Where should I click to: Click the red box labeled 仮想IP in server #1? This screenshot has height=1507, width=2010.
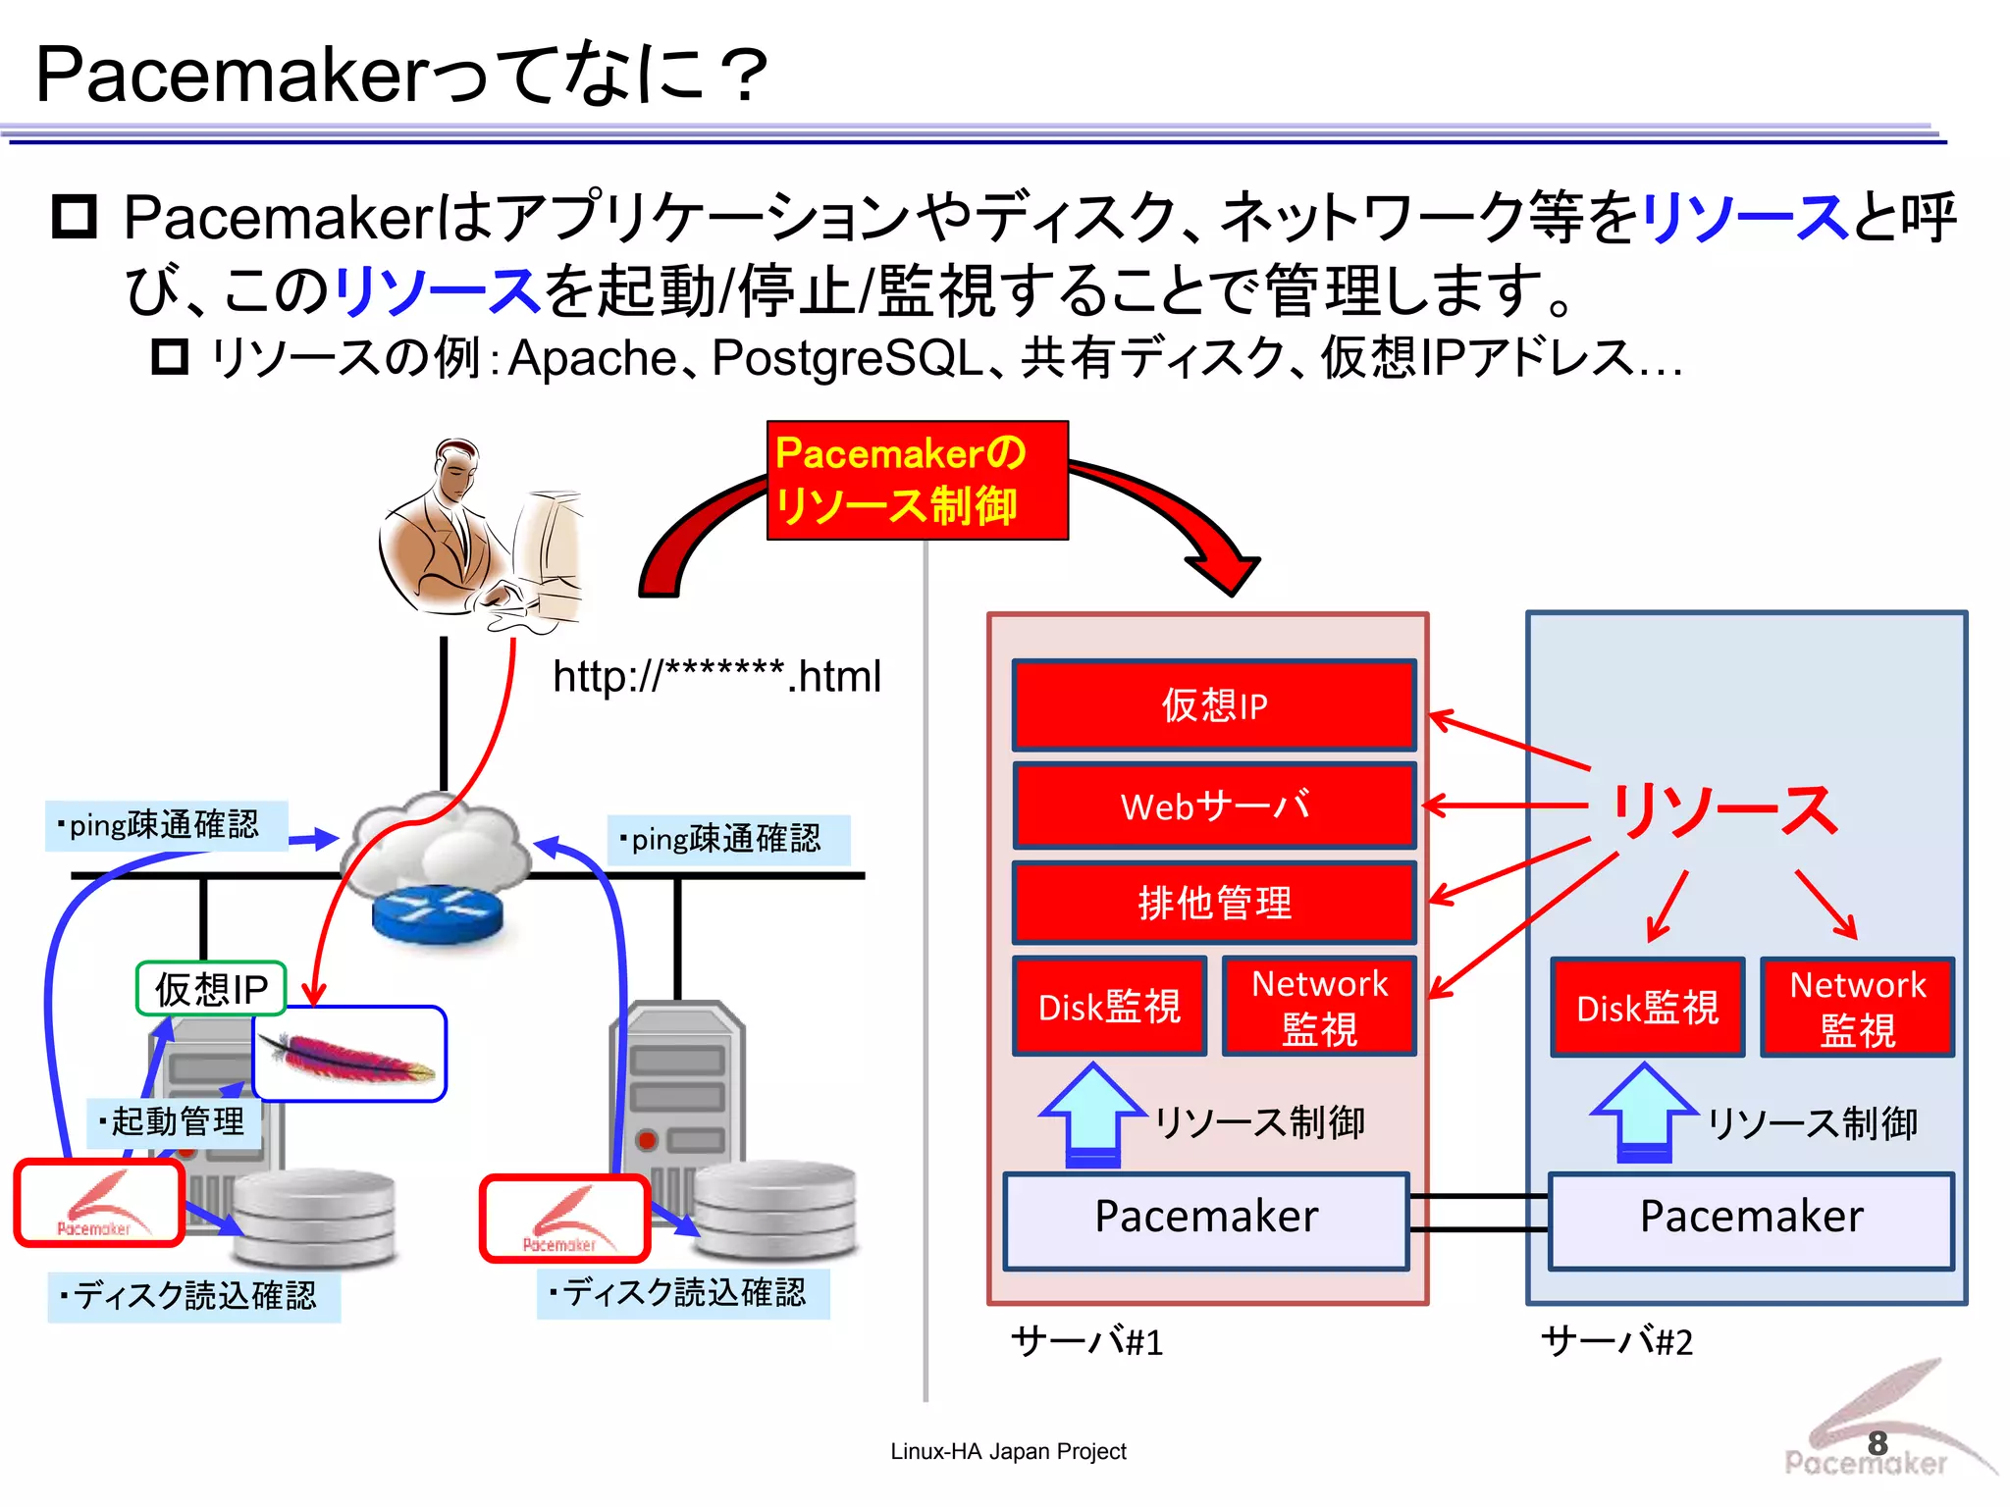coord(1214,705)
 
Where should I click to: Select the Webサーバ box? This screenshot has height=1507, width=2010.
coord(1214,806)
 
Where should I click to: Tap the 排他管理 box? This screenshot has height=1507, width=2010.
coord(1214,903)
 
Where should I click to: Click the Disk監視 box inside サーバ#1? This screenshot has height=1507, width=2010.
coord(1109,1007)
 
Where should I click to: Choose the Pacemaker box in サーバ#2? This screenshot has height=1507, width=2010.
coord(1751,1220)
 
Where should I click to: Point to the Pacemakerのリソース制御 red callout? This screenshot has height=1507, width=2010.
coord(917,481)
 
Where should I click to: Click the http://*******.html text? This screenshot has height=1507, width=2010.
coord(716,677)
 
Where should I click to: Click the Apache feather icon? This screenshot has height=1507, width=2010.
coord(349,1056)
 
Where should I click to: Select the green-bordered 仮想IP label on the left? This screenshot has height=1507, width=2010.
coord(211,989)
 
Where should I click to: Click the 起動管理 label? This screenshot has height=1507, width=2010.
coord(175,1121)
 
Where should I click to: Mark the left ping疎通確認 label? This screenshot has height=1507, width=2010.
coord(165,825)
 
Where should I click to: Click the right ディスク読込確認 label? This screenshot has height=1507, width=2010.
coord(683,1293)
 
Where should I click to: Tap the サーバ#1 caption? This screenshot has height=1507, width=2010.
coord(1086,1341)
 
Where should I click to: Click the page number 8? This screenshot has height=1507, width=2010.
coord(1877,1443)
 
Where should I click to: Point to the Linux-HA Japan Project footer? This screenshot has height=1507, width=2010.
coord(1008,1451)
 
